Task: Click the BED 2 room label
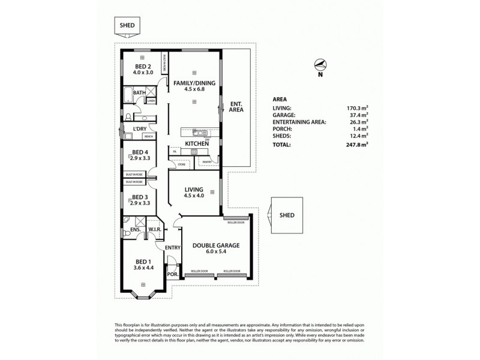[x=142, y=67]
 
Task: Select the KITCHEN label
[x=196, y=144]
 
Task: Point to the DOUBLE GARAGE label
[x=215, y=245]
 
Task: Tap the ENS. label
[x=134, y=230]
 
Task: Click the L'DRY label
[x=141, y=128]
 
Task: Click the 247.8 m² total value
[x=356, y=145]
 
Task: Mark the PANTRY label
[x=208, y=161]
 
